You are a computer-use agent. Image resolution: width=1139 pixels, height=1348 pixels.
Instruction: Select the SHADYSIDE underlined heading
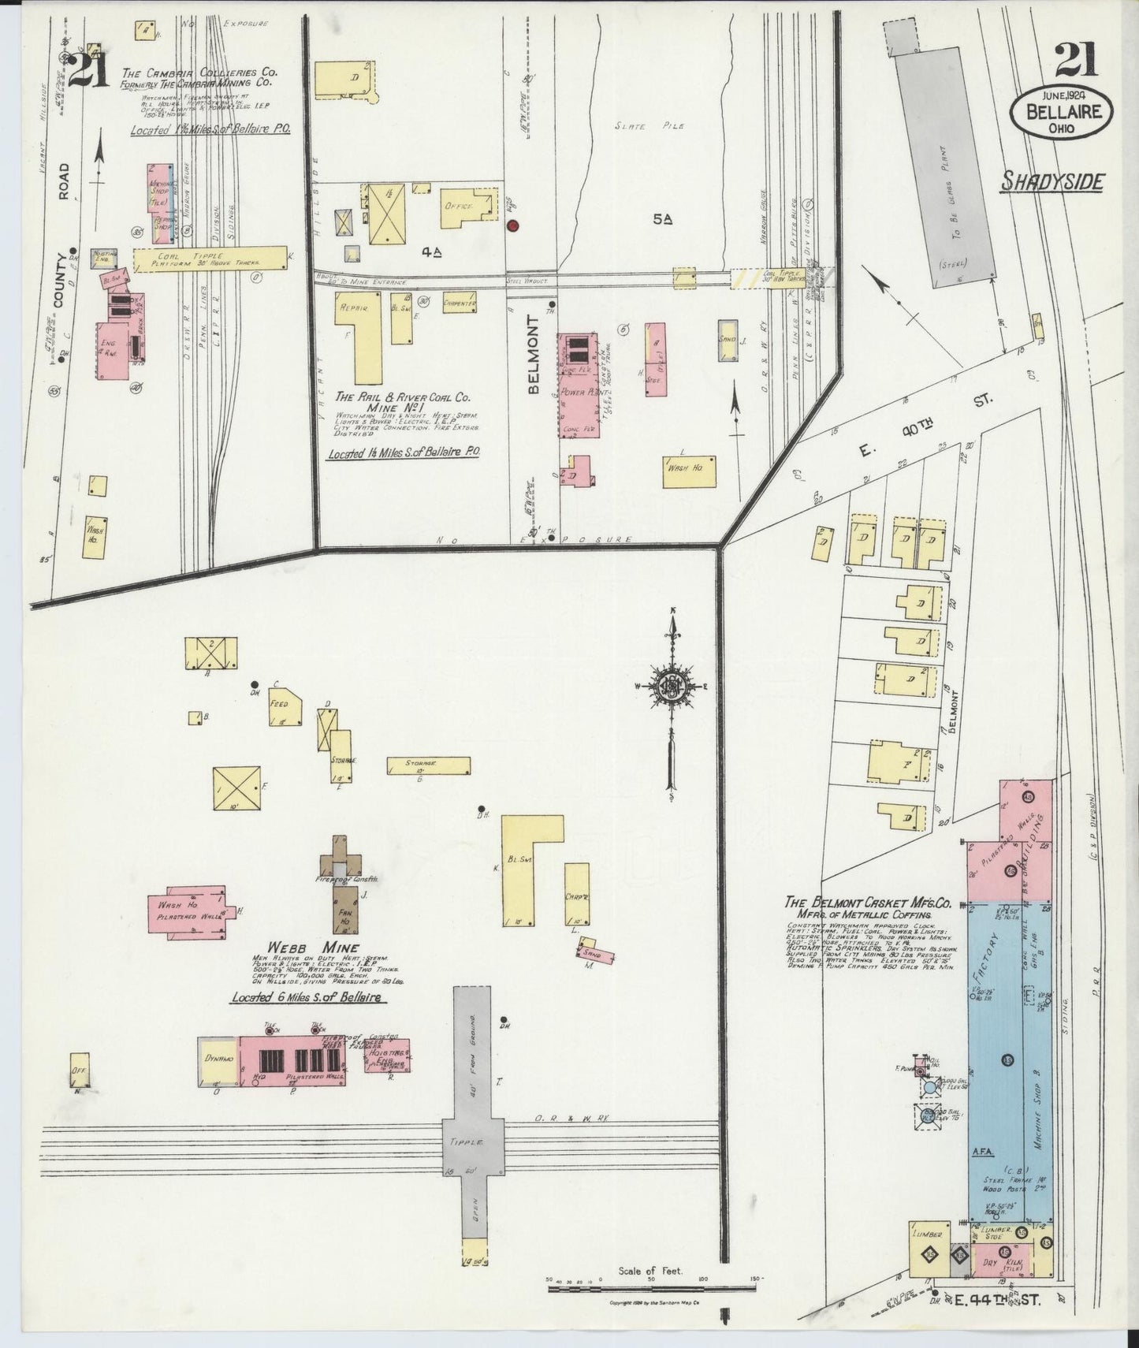coord(1052,183)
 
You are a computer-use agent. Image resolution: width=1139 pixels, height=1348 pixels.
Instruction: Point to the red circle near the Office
coord(513,226)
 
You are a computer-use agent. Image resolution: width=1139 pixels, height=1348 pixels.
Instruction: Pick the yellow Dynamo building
coord(218,1060)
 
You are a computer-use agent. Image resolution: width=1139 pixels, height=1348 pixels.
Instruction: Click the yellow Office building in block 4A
coord(468,207)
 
